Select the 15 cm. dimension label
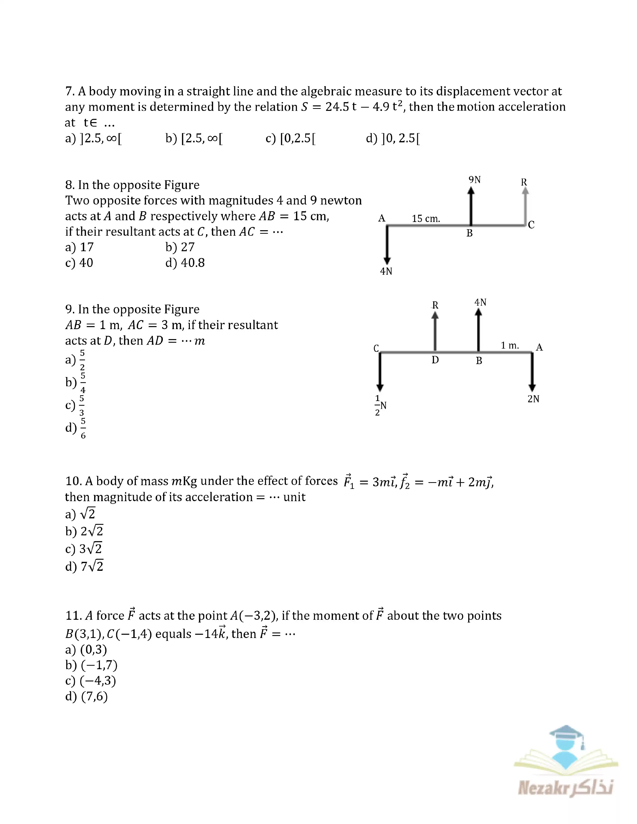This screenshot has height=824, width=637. (426, 218)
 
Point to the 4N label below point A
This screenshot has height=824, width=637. (386, 271)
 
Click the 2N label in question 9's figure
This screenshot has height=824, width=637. (533, 399)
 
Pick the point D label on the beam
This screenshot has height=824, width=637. (435, 360)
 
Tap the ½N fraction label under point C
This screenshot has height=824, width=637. (380, 406)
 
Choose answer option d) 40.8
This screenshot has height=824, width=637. (185, 263)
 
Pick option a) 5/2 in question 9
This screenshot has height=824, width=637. (75, 360)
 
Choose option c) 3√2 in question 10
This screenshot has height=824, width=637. (84, 548)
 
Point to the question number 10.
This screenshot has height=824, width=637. (73, 481)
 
